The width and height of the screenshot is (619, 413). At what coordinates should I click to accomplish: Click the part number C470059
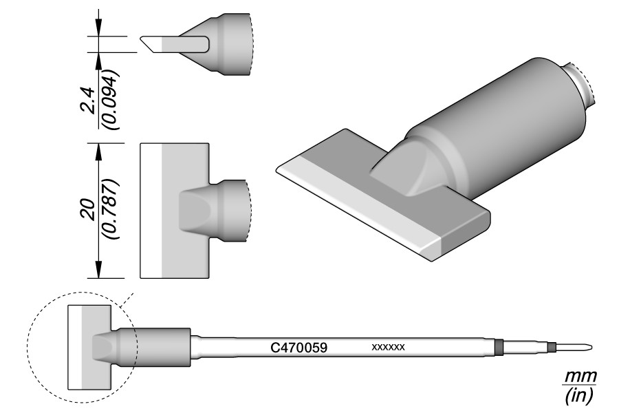[x=299, y=348]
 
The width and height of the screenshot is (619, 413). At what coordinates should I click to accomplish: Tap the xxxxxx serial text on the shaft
[x=388, y=348]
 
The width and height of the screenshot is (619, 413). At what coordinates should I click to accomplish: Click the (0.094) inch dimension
[x=110, y=100]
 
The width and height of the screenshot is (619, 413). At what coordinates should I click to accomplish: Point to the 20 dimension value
[x=87, y=210]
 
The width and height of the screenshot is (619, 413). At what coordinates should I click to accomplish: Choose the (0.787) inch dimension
[x=109, y=209]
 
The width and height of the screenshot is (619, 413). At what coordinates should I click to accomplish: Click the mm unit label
[x=580, y=377]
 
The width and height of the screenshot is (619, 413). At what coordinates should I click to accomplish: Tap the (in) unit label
[x=578, y=395]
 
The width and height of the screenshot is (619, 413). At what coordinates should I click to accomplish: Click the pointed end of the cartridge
[x=591, y=348]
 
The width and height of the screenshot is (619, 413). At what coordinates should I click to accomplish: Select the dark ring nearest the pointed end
[x=552, y=348]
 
